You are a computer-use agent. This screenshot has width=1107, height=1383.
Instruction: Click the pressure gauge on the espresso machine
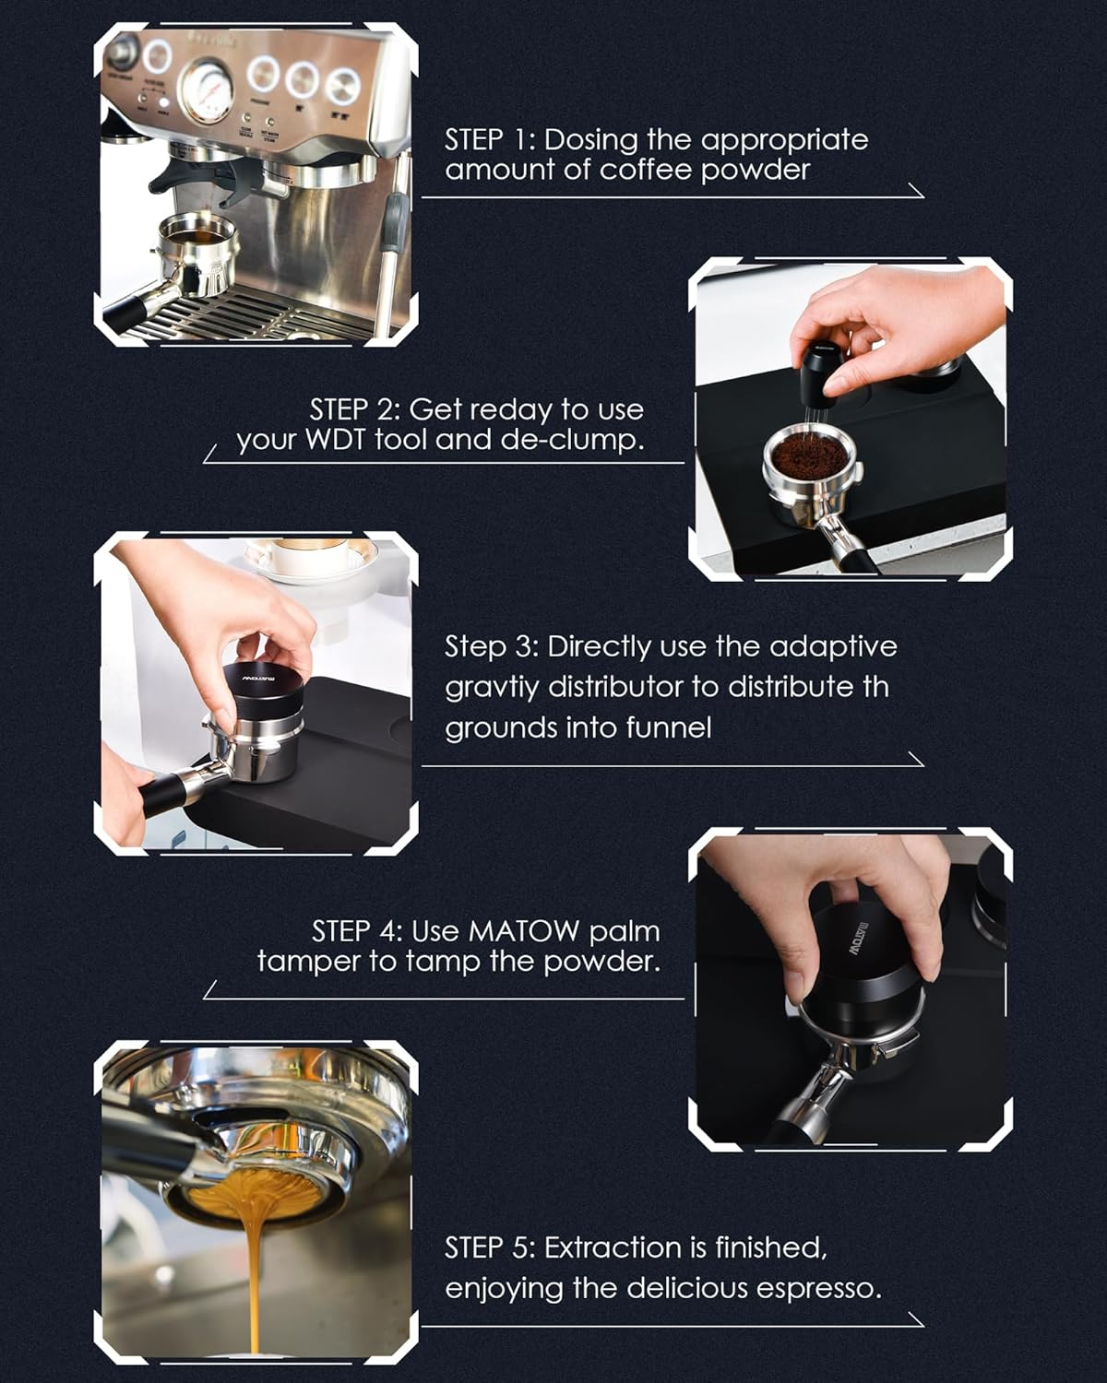[205, 92]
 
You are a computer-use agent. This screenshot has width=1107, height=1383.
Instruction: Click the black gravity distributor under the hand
[268, 691]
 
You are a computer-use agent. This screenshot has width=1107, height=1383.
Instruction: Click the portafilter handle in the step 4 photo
[812, 1102]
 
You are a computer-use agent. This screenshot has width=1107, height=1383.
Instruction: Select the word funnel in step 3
[668, 727]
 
